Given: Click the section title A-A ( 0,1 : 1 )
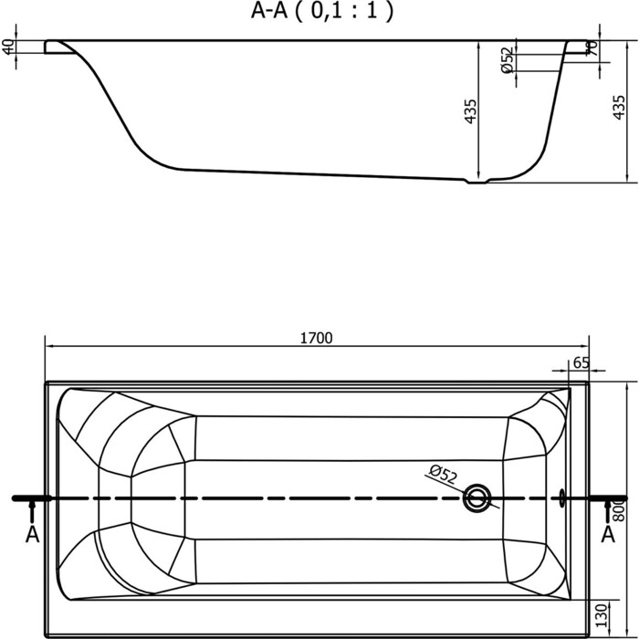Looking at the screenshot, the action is click(x=322, y=11).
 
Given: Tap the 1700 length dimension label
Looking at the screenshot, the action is click(x=316, y=339).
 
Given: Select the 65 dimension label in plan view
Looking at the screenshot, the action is click(x=581, y=362).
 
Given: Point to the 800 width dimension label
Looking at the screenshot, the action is click(x=619, y=509).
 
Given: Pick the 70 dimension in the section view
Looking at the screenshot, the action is click(x=593, y=48).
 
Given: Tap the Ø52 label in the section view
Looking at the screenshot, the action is click(x=507, y=60).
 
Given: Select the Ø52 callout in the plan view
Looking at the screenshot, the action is click(x=443, y=475).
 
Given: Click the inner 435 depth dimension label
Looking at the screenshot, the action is click(x=470, y=111).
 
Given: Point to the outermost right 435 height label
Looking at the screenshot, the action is click(x=619, y=107).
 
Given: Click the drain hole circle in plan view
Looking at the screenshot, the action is click(x=477, y=498).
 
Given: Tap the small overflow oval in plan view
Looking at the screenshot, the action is click(x=563, y=498).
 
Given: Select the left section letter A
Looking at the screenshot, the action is click(x=32, y=534).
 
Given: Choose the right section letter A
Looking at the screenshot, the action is click(x=608, y=534).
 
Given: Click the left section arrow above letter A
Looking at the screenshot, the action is click(x=32, y=510).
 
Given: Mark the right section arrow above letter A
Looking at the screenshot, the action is click(x=608, y=510).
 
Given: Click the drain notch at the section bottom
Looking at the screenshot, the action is click(x=477, y=181).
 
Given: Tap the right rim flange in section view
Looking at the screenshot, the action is click(x=577, y=47).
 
